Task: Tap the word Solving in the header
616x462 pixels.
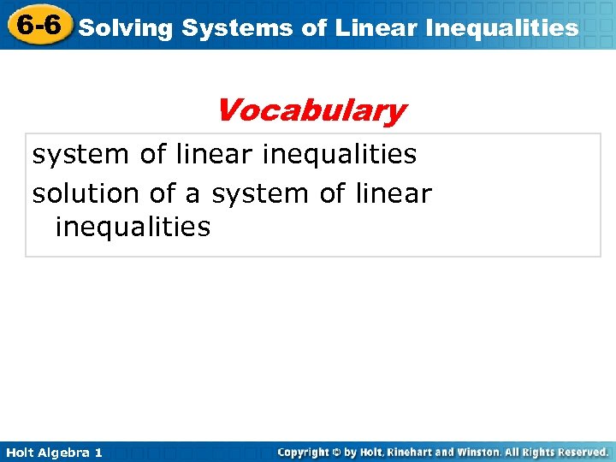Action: (x=126, y=28)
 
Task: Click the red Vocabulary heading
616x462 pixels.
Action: (x=311, y=110)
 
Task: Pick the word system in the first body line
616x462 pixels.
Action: (x=82, y=155)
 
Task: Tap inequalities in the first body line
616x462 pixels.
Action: (x=341, y=155)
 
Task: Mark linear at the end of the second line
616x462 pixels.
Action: (x=392, y=193)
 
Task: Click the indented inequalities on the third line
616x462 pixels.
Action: (x=132, y=228)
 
